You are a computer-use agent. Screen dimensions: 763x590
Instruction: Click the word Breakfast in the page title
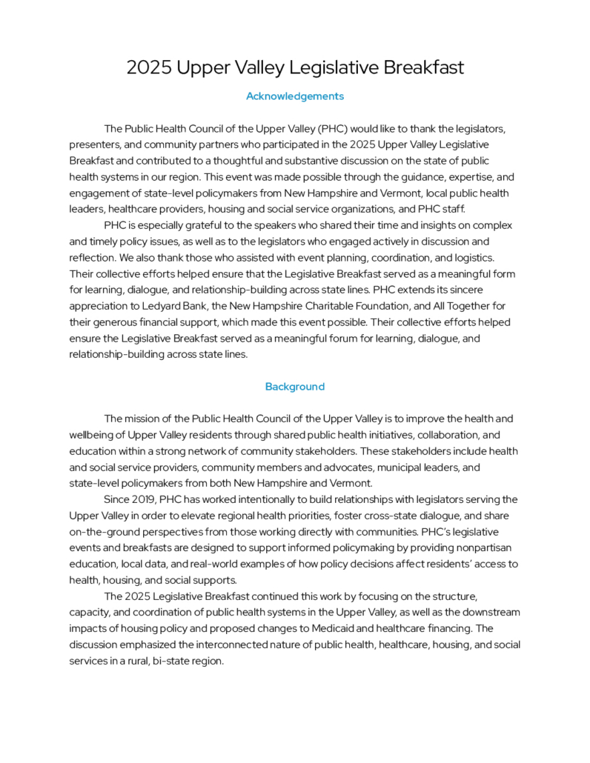coord(424,68)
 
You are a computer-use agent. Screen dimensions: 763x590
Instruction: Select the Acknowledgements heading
coord(294,96)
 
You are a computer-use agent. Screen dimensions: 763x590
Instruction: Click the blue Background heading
coord(294,387)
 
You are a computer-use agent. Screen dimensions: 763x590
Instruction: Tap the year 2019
coord(147,499)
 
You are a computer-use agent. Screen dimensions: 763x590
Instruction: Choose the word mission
coord(141,419)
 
